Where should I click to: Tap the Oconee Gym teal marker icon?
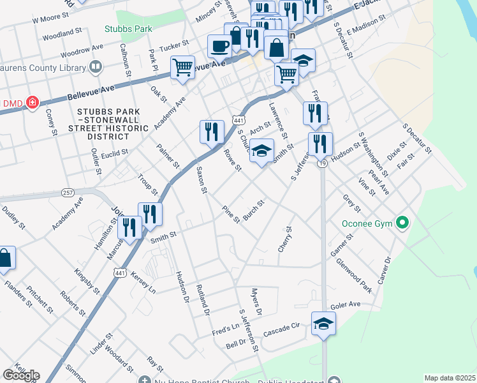click(402, 223)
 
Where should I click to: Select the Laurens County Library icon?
click(96, 66)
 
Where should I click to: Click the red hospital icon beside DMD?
click(31, 103)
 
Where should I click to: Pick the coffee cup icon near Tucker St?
click(221, 47)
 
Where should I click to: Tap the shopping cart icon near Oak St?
click(182, 67)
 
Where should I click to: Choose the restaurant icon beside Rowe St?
click(212, 132)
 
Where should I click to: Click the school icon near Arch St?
click(261, 151)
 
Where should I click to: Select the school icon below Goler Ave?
click(323, 324)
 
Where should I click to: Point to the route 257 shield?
click(68, 192)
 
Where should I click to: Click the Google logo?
click(21, 375)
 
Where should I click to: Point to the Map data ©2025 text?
click(450, 378)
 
